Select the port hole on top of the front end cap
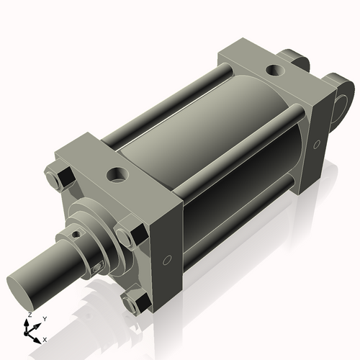115,174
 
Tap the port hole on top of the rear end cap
274,71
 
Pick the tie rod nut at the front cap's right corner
128,236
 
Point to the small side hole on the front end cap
167,259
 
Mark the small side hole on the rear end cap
315,144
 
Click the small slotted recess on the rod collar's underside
96,268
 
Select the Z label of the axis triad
28,315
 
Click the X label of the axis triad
45,338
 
